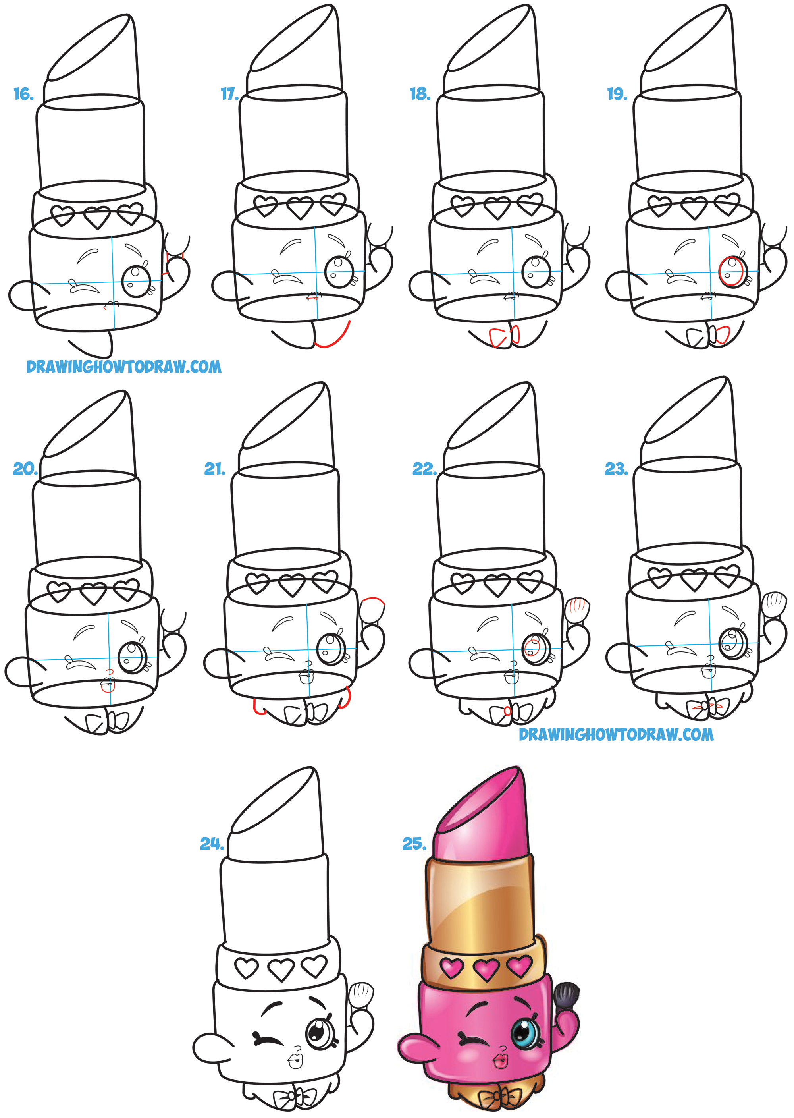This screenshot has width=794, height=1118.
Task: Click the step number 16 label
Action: [x=23, y=94]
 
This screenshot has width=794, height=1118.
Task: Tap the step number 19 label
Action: [x=617, y=94]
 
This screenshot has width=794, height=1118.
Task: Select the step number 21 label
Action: [x=215, y=469]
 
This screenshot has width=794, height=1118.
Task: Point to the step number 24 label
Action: [x=211, y=844]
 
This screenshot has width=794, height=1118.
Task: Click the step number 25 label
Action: [x=414, y=844]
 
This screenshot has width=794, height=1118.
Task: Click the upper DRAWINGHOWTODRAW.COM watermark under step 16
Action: [x=124, y=367]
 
